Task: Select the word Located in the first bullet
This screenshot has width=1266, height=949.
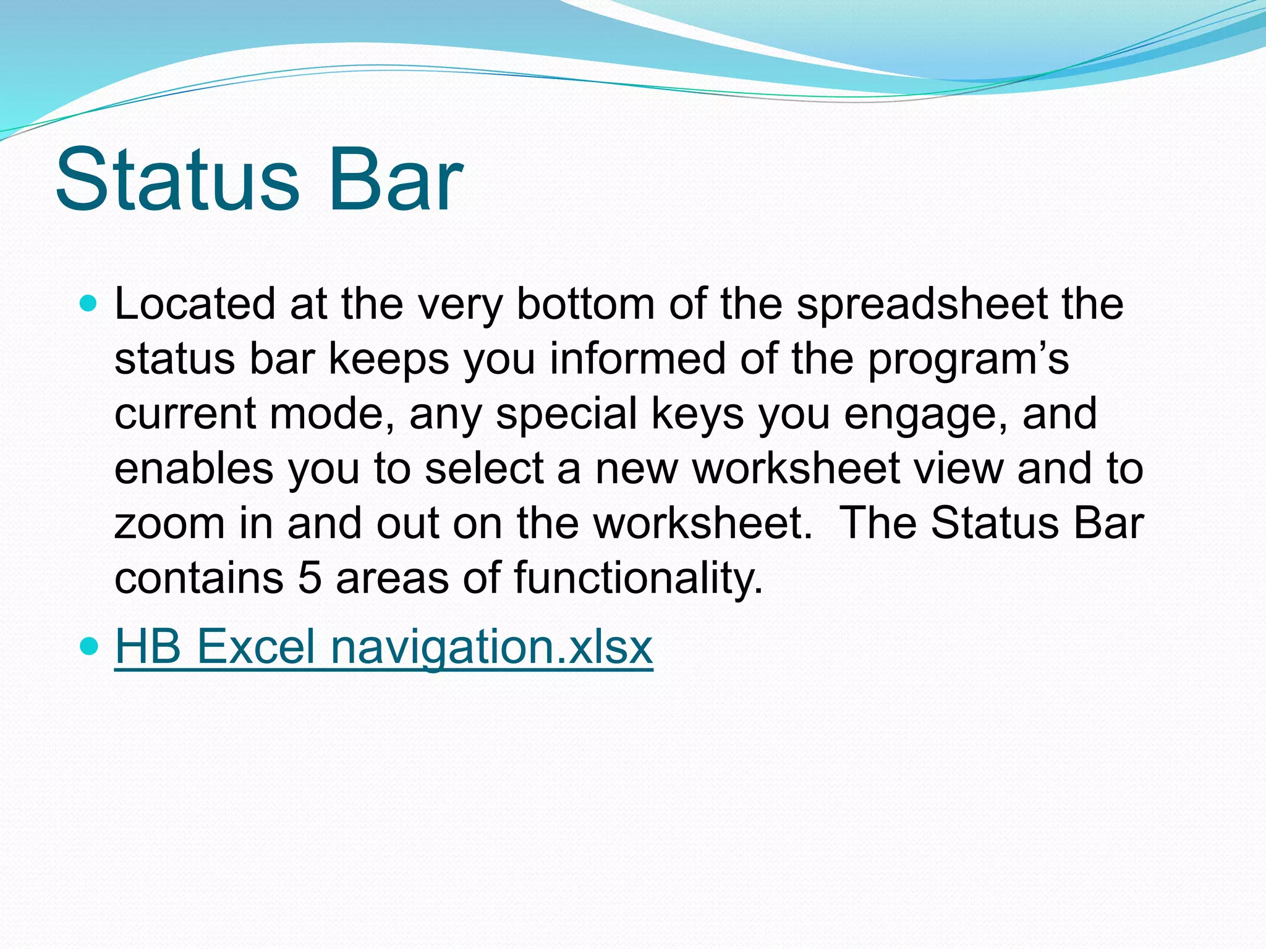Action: tap(195, 304)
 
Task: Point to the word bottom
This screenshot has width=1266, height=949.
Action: tap(585, 304)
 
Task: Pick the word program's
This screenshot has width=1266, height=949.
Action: tap(968, 359)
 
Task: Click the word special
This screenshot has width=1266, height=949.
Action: tap(566, 413)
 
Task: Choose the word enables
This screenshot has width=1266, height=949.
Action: tap(193, 468)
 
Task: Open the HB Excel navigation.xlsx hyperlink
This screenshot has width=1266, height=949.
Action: tap(383, 646)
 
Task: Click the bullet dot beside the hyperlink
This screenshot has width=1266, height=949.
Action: tap(90, 646)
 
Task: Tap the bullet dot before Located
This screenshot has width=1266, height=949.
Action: tap(90, 304)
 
